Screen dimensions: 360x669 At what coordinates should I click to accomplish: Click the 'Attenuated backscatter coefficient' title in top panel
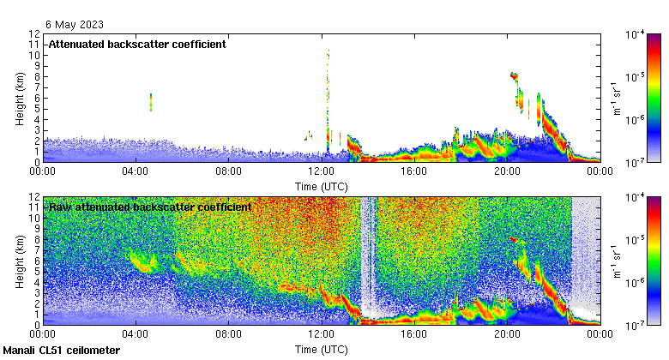[x=136, y=44]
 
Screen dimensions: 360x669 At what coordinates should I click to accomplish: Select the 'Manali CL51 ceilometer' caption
[x=62, y=351]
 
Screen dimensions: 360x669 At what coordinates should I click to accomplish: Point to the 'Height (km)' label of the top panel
[x=20, y=98]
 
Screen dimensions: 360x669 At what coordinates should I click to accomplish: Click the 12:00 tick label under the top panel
[x=321, y=171]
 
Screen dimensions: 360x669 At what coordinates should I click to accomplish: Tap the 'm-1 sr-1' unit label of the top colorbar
[x=615, y=98]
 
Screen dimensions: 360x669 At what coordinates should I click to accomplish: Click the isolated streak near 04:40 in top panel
[x=151, y=102]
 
